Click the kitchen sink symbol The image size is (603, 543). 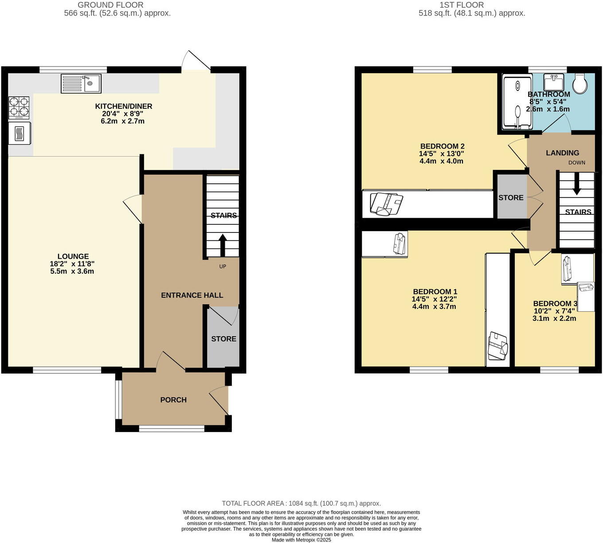[x=81, y=83]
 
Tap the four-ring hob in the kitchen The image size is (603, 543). [x=19, y=107]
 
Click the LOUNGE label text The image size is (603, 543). [x=73, y=256]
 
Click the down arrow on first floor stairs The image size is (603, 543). [x=576, y=184]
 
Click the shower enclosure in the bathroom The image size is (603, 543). [x=517, y=102]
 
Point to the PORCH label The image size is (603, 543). [x=173, y=400]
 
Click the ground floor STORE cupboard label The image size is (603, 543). [x=223, y=339]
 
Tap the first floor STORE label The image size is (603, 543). [x=511, y=198]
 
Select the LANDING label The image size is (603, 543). [x=562, y=153]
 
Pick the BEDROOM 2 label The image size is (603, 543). [x=442, y=146]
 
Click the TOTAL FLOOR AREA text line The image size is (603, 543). [x=301, y=504]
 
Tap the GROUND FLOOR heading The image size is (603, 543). [x=110, y=5]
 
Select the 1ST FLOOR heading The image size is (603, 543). [x=462, y=5]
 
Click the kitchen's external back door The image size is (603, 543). [x=197, y=61]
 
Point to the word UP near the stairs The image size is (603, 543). [x=223, y=267]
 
